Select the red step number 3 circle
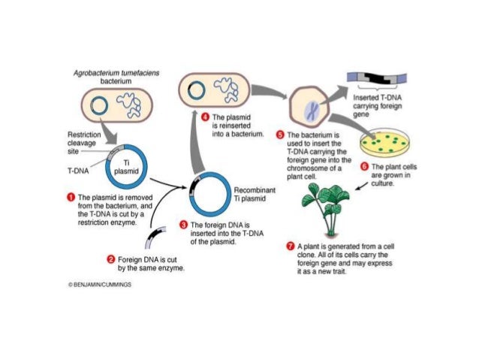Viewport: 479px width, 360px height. tap(183, 225)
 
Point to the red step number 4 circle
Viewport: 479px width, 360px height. tap(206, 117)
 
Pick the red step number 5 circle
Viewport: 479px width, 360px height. tap(281, 134)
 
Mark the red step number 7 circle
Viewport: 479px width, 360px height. tap(291, 247)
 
